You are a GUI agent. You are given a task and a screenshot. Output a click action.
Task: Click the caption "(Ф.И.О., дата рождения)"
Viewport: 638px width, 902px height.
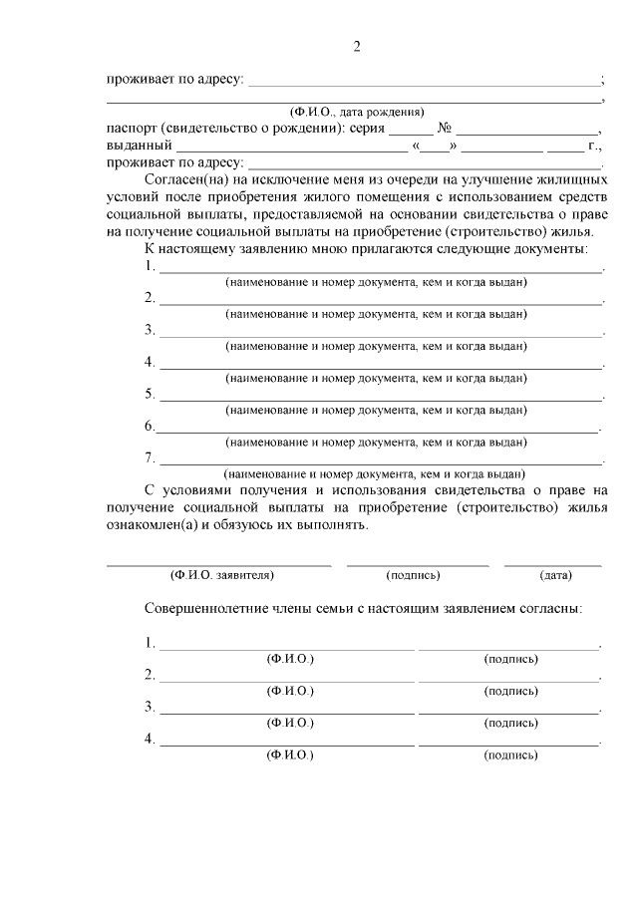pyautogui.click(x=355, y=112)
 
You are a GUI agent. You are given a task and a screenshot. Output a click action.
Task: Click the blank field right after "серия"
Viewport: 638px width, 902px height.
pyautogui.click(x=411, y=131)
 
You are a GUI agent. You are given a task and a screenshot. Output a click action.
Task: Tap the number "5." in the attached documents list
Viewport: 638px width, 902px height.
pyautogui.click(x=151, y=394)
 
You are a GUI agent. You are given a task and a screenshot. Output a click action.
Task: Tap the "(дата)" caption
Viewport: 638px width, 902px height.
pyautogui.click(x=554, y=575)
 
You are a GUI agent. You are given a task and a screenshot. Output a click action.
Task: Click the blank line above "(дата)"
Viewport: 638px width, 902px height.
pyautogui.click(x=552, y=564)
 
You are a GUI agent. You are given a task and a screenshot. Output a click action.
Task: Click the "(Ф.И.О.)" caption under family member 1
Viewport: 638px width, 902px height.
pyautogui.click(x=289, y=659)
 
